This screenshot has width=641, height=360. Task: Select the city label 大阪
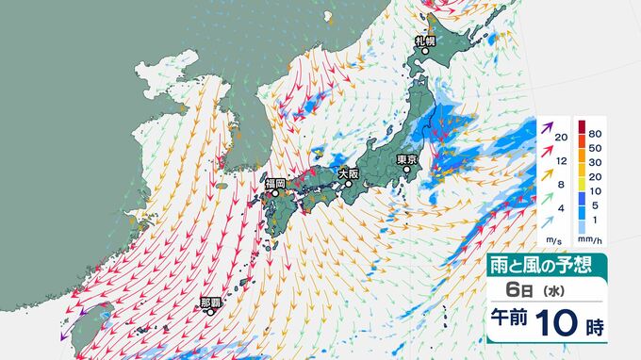(348, 173)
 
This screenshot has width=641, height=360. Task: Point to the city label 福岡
(275, 183)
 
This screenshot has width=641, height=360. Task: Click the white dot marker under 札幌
(424, 52)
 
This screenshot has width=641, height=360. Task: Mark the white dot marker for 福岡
(275, 194)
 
